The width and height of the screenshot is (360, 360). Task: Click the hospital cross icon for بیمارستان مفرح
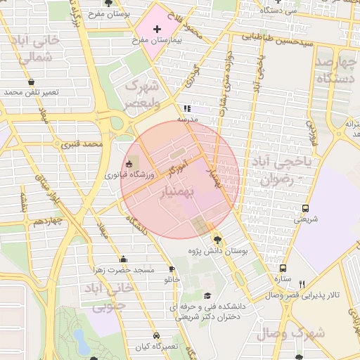[156, 29]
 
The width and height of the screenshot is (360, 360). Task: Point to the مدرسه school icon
[187, 108]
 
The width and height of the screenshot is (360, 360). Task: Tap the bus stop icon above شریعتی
[305, 208]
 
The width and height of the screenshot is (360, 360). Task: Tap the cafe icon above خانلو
[172, 269]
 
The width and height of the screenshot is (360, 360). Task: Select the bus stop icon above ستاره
[283, 267]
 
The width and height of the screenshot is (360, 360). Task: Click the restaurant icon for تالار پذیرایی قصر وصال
[302, 284]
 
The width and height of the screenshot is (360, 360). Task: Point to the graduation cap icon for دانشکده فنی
[207, 296]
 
